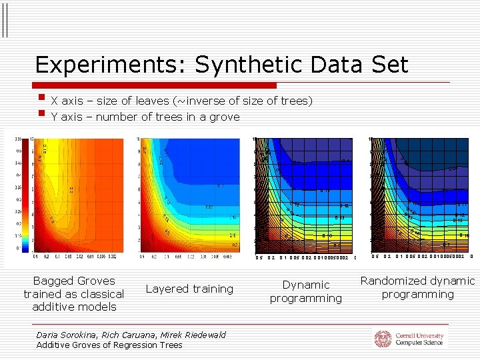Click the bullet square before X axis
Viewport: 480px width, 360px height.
42,101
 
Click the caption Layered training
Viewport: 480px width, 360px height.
189,289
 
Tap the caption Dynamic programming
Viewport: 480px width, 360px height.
305,291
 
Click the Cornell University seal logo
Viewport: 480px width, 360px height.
383,339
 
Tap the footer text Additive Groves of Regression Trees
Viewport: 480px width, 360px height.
109,345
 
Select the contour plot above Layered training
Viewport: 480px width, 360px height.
189,194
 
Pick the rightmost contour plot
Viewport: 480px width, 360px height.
421,194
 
